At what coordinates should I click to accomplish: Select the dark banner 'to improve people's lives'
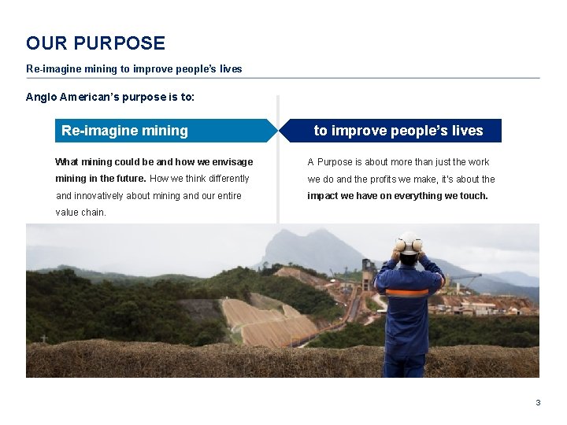(x=398, y=131)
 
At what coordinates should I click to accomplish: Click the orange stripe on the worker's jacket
(x=409, y=292)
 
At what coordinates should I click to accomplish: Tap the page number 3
(x=538, y=402)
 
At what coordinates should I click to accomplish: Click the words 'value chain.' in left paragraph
(x=80, y=213)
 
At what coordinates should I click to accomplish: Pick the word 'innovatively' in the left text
(x=102, y=196)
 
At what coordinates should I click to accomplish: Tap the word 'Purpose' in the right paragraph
(x=335, y=162)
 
